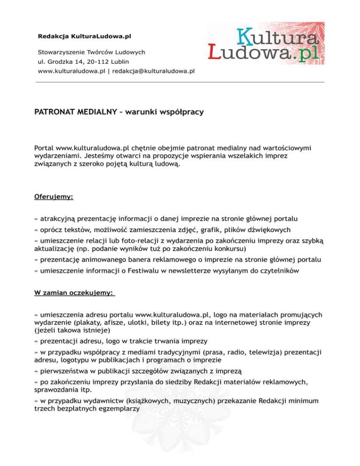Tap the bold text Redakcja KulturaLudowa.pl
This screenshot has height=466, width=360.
point(84,36)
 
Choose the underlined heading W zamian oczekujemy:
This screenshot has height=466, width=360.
point(74,293)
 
